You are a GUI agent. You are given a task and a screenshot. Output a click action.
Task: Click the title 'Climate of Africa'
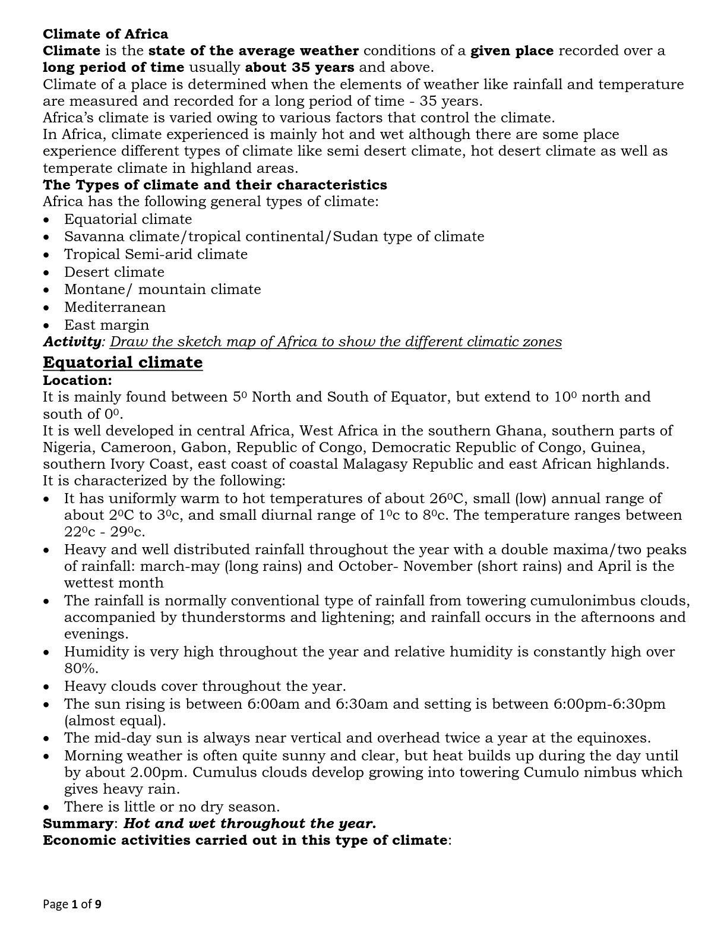coord(105,34)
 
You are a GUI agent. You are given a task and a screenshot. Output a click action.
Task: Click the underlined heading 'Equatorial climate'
coord(122,362)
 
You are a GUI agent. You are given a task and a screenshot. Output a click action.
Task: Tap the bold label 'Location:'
coord(77,380)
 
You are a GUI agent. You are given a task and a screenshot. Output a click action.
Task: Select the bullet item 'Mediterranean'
coord(115,307)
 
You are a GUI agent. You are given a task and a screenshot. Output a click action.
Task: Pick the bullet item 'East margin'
coord(106,325)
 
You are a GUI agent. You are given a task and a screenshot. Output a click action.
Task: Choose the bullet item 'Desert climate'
coord(114,272)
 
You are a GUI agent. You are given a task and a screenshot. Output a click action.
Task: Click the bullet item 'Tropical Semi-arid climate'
coord(156,254)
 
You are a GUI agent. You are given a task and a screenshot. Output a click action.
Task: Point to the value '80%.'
coord(81,668)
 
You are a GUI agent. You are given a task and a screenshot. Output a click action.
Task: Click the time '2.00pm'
coord(156,772)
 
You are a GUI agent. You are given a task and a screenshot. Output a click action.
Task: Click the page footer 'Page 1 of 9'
coord(72,905)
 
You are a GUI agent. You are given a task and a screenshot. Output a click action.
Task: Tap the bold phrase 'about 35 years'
coord(299,67)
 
